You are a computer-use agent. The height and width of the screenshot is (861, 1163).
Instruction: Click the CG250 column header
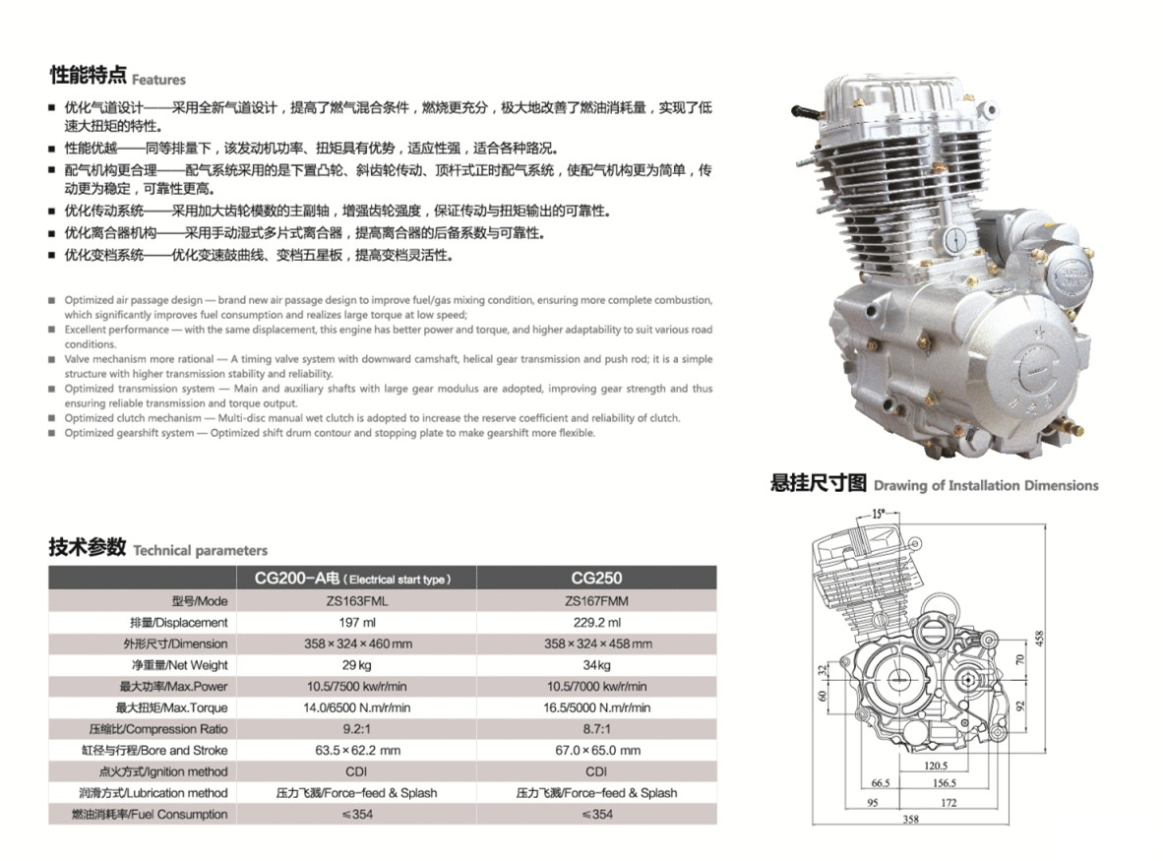[x=596, y=579]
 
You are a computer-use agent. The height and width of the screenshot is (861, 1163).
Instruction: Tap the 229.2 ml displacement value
[x=596, y=622]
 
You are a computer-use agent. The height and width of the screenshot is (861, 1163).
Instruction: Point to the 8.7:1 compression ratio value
[x=596, y=729]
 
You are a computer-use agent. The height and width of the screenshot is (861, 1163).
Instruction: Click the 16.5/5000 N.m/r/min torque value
[x=596, y=707]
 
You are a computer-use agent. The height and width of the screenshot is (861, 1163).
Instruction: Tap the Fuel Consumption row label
[x=150, y=814]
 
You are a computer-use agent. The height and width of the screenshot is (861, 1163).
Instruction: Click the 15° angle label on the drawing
[x=879, y=513]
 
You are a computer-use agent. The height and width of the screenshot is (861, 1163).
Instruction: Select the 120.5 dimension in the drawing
[x=936, y=765]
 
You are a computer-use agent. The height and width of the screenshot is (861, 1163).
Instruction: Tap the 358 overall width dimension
[x=910, y=819]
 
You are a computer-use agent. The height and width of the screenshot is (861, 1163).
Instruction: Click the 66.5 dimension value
[x=880, y=783]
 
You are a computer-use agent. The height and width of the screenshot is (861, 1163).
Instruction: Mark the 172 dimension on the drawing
[x=949, y=802]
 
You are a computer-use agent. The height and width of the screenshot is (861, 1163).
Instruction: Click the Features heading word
[x=158, y=80]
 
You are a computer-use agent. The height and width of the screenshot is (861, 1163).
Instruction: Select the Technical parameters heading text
[x=200, y=550]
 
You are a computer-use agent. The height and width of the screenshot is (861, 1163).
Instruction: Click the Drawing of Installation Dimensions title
[x=985, y=485]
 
